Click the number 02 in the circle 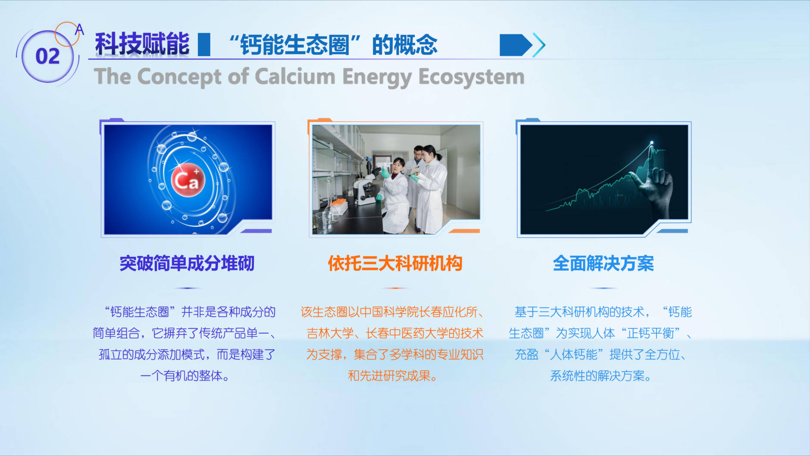click(47, 56)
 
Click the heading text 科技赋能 click(142, 44)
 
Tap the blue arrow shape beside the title click(516, 45)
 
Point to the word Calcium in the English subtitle click(295, 76)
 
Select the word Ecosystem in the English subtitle click(472, 77)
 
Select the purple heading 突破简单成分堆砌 click(187, 263)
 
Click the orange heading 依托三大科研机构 click(395, 263)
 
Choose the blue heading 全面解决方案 click(604, 263)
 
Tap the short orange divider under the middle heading click(395, 288)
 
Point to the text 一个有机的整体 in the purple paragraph click(181, 376)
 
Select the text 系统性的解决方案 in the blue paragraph click(597, 376)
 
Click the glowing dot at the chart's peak click(652, 143)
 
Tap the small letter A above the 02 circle click(79, 29)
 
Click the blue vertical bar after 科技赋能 click(204, 44)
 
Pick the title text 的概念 click(405, 45)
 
